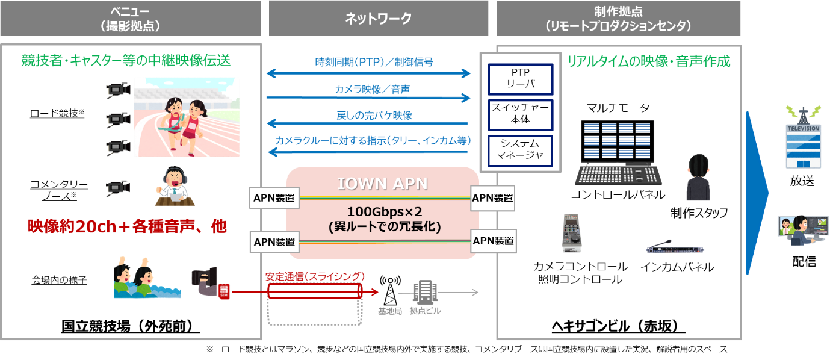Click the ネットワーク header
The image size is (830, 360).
coord(378,19)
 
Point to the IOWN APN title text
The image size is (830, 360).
coord(383,184)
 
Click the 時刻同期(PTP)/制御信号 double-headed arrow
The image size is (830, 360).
coord(368,73)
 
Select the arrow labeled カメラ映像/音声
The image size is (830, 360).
coord(368,97)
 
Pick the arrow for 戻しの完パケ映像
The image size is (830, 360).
coord(368,124)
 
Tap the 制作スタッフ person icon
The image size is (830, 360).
coord(699,178)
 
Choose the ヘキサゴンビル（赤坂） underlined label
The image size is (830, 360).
coord(618,326)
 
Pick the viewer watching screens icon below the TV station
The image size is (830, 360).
coord(803,230)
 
